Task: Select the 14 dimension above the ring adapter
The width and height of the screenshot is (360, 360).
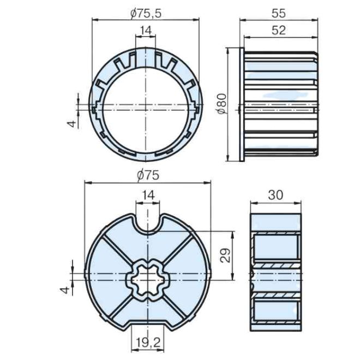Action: pos(145,31)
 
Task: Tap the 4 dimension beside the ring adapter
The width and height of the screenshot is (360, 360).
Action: pos(70,123)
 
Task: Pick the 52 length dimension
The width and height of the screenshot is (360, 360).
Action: pos(278,31)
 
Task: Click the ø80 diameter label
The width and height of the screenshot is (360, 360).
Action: pos(221,104)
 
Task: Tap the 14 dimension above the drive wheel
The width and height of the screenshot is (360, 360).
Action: pos(147,195)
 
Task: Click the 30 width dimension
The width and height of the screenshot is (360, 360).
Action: pos(275,194)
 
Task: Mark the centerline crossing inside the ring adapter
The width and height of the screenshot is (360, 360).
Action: pos(146,104)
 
